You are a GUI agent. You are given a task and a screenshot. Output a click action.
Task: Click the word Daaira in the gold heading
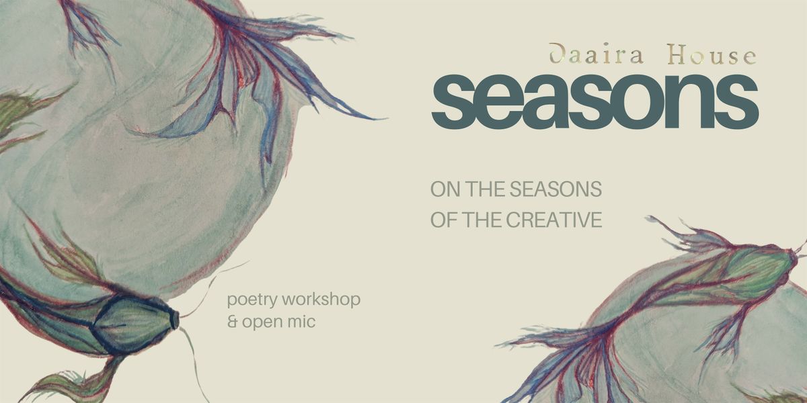click(597, 54)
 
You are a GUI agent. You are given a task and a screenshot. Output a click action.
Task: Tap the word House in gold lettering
click(712, 55)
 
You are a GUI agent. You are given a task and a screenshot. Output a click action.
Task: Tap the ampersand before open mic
click(233, 322)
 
